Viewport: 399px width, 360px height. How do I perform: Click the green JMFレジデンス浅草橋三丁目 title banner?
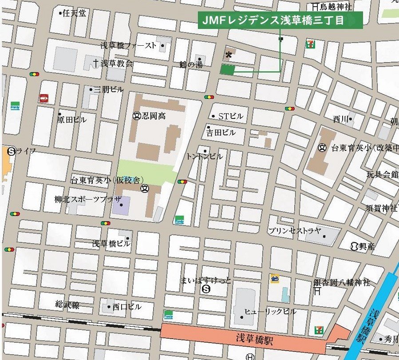point(280,20)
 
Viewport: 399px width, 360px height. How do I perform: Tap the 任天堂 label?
point(74,13)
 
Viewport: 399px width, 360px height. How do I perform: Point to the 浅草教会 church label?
point(116,63)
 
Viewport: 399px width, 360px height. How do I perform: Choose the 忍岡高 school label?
point(153,116)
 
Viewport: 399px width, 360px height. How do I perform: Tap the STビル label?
point(230,116)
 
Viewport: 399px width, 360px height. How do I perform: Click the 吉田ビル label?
point(221,132)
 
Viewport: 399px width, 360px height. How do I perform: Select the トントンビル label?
point(205,156)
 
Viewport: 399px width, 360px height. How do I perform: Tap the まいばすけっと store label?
point(206,280)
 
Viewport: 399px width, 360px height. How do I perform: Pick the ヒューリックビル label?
point(270,312)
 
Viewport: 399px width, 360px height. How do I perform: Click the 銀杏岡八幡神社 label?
point(342,282)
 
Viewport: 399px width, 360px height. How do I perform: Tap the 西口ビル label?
point(127,306)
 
